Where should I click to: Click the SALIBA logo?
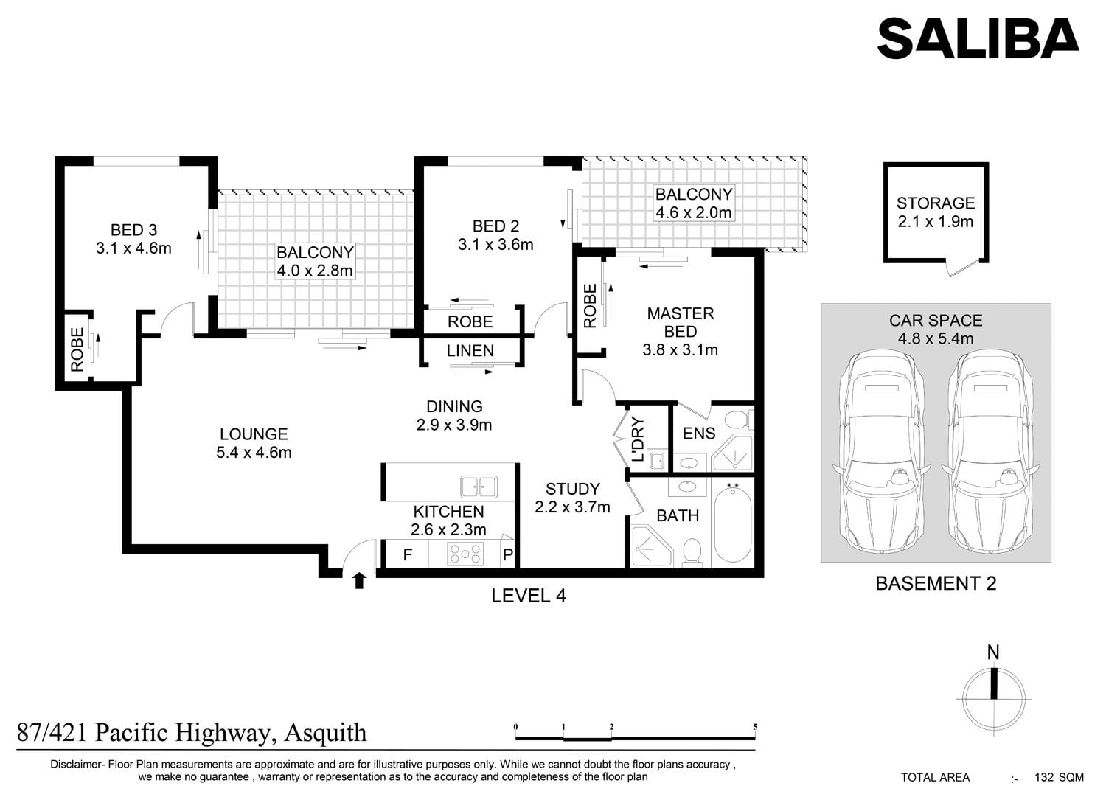pyautogui.click(x=978, y=38)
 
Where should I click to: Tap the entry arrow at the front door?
pyautogui.click(x=359, y=581)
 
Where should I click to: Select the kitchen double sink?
pyautogui.click(x=479, y=487)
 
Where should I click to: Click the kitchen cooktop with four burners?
pyautogui.click(x=465, y=554)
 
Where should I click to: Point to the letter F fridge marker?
pyautogui.click(x=407, y=555)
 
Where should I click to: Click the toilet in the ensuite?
pyautogui.click(x=740, y=420)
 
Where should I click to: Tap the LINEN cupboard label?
pyautogui.click(x=470, y=351)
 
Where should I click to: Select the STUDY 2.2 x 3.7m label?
pyautogui.click(x=573, y=498)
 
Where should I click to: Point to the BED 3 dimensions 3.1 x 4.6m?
pyautogui.click(x=133, y=248)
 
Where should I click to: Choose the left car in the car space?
pyautogui.click(x=882, y=452)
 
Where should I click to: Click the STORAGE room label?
pyautogui.click(x=936, y=203)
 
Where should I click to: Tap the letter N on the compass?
pyautogui.click(x=993, y=652)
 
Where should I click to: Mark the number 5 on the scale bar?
pyautogui.click(x=755, y=726)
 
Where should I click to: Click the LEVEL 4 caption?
pyautogui.click(x=529, y=596)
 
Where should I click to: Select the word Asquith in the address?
pyautogui.click(x=325, y=734)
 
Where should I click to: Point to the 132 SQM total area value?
pyautogui.click(x=1059, y=777)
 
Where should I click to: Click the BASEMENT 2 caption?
pyautogui.click(x=936, y=584)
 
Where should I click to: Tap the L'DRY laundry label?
pyautogui.click(x=638, y=439)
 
